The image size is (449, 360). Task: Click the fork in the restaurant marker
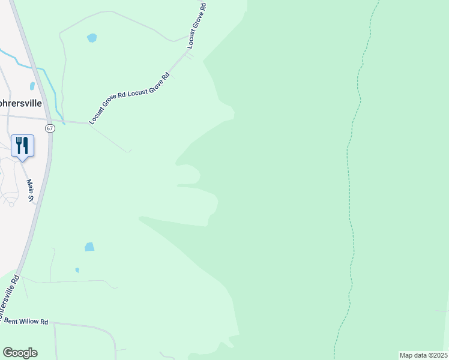pyautogui.click(x=19, y=143)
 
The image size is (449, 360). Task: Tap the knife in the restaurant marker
pyautogui.click(x=26, y=143)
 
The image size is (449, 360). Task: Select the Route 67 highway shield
pyautogui.click(x=50, y=128)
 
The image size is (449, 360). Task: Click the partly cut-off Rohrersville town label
pyautogui.click(x=21, y=103)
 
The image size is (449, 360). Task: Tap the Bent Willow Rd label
pyautogui.click(x=26, y=322)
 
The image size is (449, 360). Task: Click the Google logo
pyautogui.click(x=20, y=353)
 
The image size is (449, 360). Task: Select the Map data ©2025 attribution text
pyautogui.click(x=423, y=355)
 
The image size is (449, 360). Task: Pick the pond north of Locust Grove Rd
pyautogui.click(x=92, y=38)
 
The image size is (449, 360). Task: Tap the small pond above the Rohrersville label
pyautogui.click(x=32, y=86)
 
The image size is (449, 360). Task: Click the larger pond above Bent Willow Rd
pyautogui.click(x=89, y=247)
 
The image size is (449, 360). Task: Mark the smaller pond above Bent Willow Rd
pyautogui.click(x=77, y=270)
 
